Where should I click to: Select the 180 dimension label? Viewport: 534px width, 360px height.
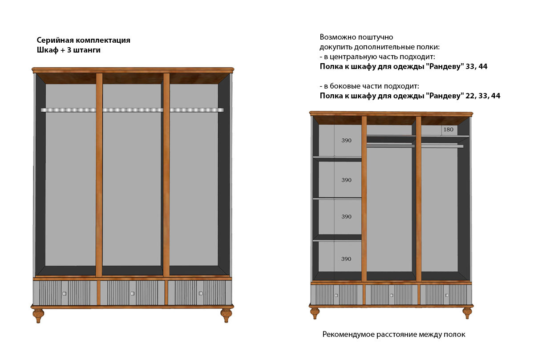coord(449,129)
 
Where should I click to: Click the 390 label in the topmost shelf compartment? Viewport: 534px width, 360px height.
coord(346,141)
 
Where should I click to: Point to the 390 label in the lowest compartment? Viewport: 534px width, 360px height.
coord(346,259)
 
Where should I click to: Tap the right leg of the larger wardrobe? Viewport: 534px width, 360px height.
coord(227,315)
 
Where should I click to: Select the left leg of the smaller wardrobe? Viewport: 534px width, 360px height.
coord(315,312)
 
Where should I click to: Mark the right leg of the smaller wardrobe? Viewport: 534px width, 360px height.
coord(467,312)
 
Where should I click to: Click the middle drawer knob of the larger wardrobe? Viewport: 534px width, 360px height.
coord(133,293)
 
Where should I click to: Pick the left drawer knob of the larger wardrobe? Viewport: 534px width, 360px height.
coord(65,293)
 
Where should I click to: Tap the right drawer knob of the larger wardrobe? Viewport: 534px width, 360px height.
coord(201,293)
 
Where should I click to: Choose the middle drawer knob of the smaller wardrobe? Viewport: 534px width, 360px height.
coord(391,295)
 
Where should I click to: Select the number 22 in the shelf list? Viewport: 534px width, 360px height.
coord(462,95)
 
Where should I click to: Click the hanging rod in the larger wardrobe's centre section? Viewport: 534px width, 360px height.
coord(133,109)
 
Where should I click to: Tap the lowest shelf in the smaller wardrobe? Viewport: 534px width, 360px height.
coord(337,240)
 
